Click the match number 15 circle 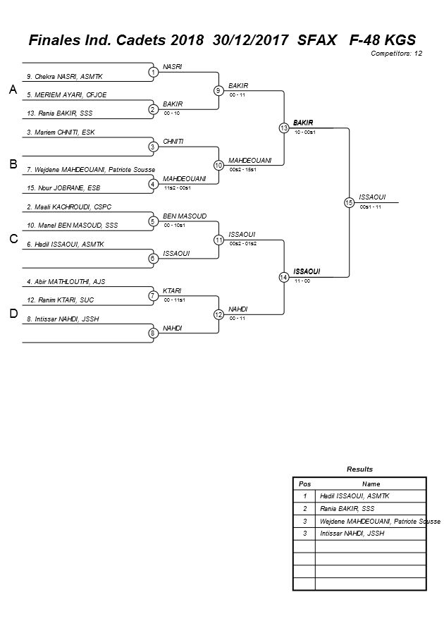point(349,202)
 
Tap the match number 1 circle point(153,72)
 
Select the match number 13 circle point(284,128)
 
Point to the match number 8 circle point(153,333)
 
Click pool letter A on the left point(12,90)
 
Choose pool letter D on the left point(13,314)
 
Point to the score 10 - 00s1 point(305,132)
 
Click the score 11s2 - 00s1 point(177,188)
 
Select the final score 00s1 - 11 point(371,207)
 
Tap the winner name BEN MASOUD point(185,216)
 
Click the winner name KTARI point(172,290)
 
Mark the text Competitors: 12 point(396,54)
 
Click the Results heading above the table point(359,469)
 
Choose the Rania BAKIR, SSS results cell point(347,508)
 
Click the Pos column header point(304,484)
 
